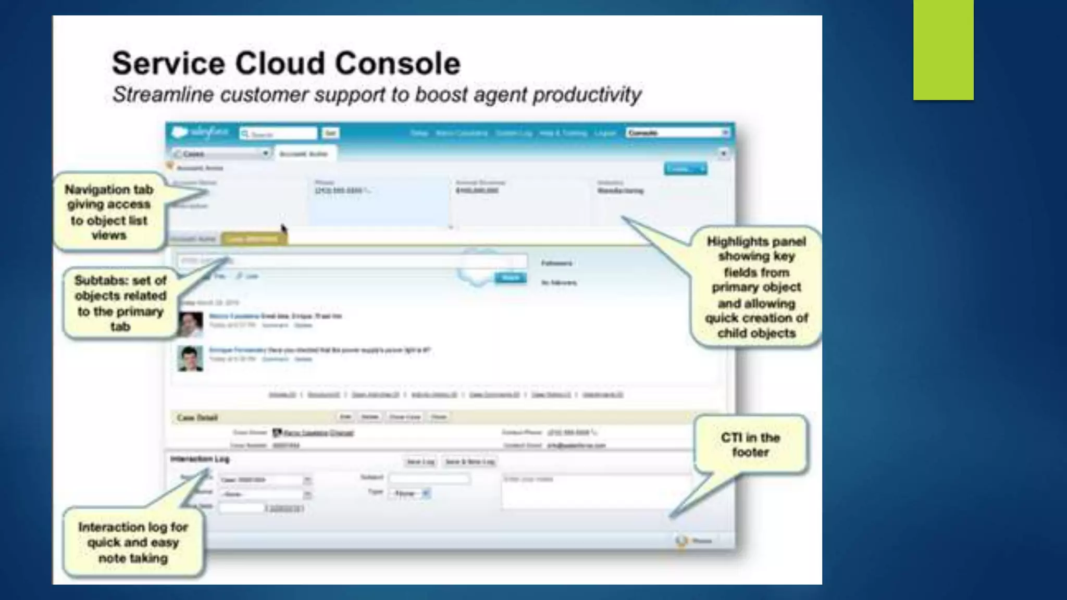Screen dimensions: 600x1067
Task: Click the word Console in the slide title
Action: [x=398, y=64]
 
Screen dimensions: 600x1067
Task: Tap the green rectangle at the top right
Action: [x=943, y=49]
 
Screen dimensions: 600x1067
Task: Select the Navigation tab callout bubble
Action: [x=109, y=212]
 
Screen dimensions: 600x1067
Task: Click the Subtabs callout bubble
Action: [x=120, y=303]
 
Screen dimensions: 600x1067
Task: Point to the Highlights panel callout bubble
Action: [x=756, y=287]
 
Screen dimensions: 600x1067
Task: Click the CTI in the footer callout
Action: [x=750, y=444]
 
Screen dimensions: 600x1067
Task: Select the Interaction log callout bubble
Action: [x=133, y=542]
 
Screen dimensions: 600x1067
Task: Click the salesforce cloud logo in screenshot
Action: [x=180, y=132]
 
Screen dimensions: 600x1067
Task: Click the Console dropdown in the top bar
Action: [x=677, y=133]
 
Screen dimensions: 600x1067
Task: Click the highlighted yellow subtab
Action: [x=254, y=239]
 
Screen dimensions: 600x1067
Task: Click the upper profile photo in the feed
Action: [x=190, y=324]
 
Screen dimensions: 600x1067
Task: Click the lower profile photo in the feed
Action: [x=190, y=358]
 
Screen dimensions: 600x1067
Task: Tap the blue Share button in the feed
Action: [x=510, y=278]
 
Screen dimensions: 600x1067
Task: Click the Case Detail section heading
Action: [x=197, y=418]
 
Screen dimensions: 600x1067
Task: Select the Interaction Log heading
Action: [x=200, y=459]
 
